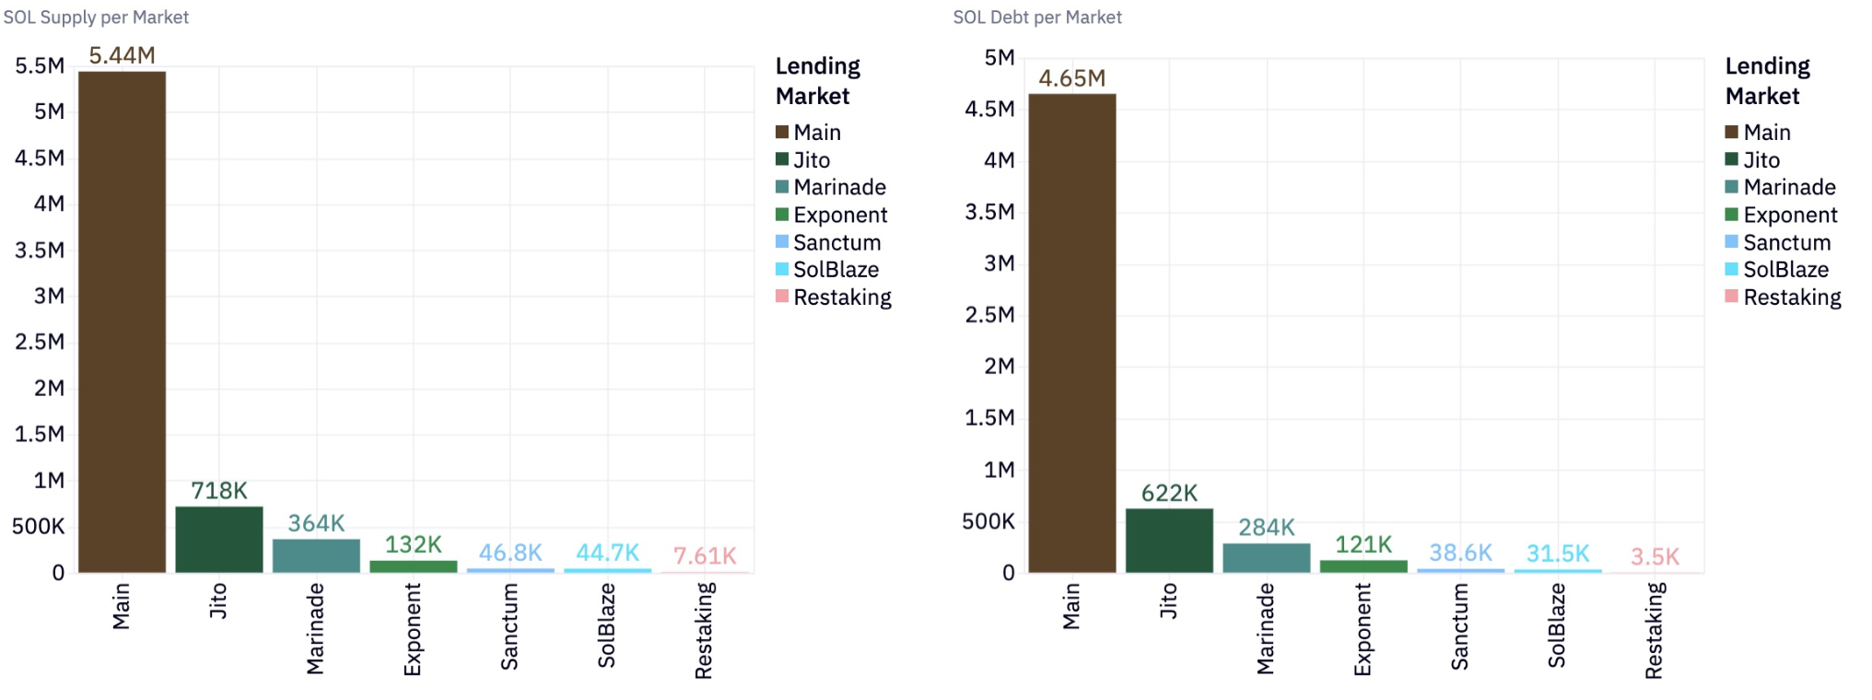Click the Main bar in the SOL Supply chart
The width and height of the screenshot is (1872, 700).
[122, 322]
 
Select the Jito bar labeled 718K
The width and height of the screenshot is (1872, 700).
[219, 540]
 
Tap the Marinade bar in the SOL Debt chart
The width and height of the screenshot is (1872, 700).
[1266, 558]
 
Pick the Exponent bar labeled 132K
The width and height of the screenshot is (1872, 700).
[413, 566]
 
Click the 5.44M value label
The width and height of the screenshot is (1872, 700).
[122, 55]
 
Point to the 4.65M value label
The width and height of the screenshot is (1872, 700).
[1071, 78]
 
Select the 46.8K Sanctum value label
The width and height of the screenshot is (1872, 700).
[510, 553]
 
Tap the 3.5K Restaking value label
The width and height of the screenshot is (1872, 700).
[1655, 556]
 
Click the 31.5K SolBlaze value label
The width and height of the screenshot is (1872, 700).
[1557, 553]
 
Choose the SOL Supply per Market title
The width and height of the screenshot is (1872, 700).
[96, 17]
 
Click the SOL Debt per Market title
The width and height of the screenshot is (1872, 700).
[1037, 17]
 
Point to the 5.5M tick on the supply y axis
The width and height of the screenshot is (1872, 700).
[40, 66]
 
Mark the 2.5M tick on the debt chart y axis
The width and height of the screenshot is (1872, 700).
[989, 315]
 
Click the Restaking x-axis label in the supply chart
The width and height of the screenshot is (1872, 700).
[704, 631]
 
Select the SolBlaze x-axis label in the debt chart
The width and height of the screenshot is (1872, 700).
[1557, 625]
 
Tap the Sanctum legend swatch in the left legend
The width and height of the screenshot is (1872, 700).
[782, 242]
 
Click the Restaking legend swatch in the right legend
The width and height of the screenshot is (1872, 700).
[1732, 297]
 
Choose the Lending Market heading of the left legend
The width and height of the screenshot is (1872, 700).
[817, 81]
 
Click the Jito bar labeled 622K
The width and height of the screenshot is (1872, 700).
[1169, 541]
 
